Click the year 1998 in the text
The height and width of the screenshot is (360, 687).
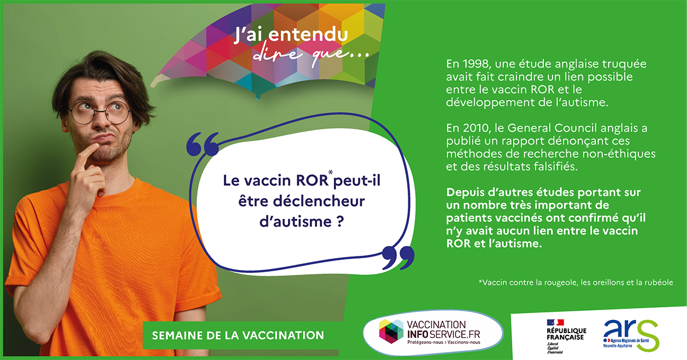[x=476, y=64]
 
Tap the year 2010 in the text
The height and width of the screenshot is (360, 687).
[x=476, y=128]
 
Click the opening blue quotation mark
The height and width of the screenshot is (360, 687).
[x=203, y=144]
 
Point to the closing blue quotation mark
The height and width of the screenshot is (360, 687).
[x=398, y=258]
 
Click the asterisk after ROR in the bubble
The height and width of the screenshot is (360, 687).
[x=331, y=172]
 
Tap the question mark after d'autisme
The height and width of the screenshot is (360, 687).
[x=340, y=221]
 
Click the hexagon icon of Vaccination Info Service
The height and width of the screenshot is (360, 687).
[x=392, y=331]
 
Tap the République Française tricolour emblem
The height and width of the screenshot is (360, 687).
[x=555, y=322]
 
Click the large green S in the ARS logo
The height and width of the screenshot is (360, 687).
[x=648, y=335]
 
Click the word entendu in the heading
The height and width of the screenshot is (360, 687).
[x=308, y=35]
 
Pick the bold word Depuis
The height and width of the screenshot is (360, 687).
[x=465, y=193]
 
